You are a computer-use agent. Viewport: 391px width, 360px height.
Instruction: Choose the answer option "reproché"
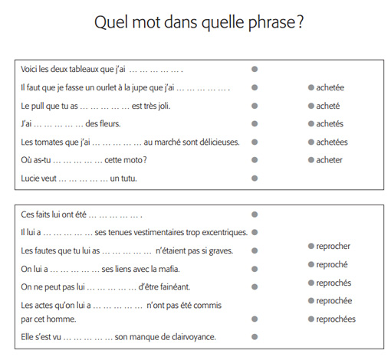pos(332,264)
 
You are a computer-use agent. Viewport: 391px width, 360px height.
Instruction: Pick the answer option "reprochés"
pos(333,282)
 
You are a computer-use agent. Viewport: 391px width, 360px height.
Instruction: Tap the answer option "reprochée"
pos(334,300)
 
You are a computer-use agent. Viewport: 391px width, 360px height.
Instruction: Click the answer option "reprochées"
pos(336,319)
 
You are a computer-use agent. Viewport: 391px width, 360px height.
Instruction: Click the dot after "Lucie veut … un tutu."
pos(255,178)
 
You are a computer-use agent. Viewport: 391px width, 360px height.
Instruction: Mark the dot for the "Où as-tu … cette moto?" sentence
pos(255,160)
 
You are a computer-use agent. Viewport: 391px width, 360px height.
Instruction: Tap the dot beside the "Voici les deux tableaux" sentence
pos(255,69)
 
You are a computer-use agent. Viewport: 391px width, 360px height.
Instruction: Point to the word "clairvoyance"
pos(191,336)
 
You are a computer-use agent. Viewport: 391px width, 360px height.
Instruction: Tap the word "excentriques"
pos(221,232)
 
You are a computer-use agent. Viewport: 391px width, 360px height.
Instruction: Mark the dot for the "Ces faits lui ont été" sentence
pos(255,214)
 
